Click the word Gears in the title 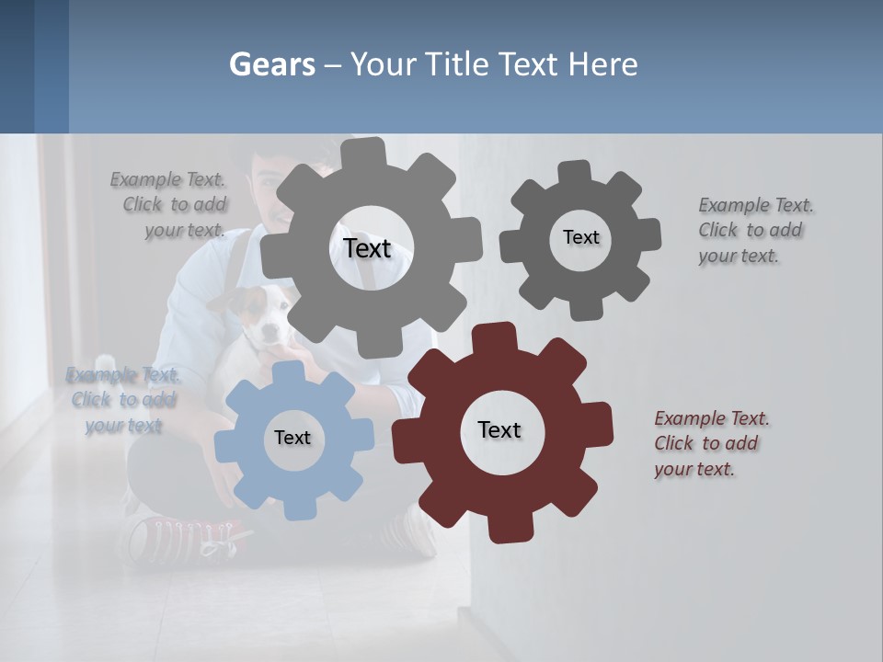[x=271, y=64]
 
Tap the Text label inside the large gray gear [x=367, y=248]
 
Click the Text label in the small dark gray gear [x=580, y=237]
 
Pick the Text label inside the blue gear [x=292, y=438]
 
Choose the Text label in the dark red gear [x=499, y=429]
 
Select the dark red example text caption [x=711, y=443]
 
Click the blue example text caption [x=123, y=400]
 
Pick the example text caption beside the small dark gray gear [x=755, y=230]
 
